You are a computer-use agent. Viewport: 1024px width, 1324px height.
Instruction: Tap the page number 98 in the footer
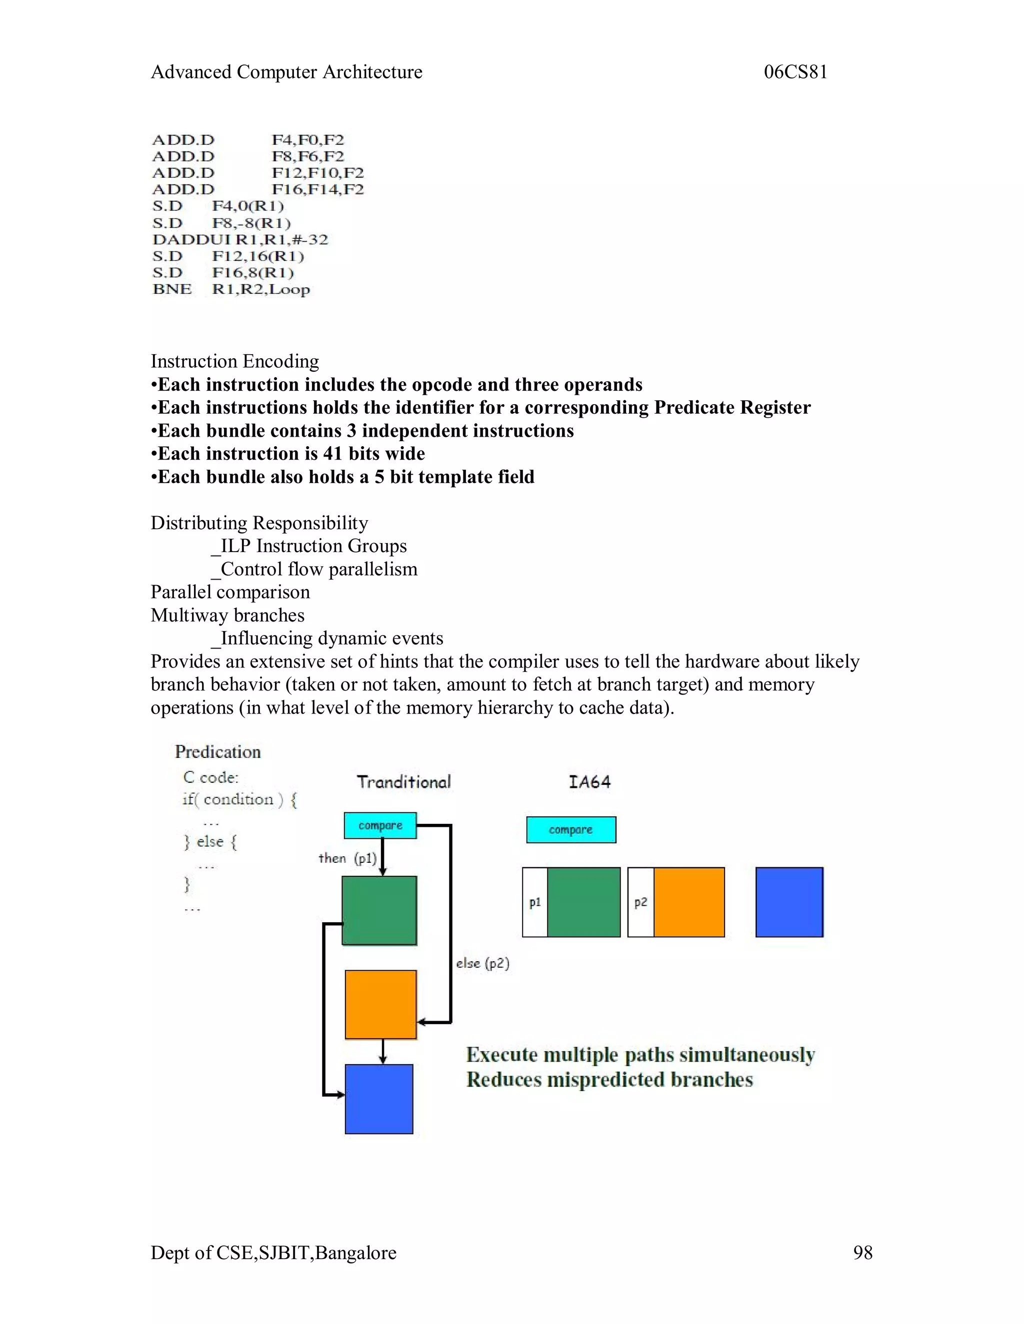pyautogui.click(x=862, y=1253)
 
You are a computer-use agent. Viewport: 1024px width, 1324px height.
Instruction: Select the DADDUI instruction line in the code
pyautogui.click(x=239, y=239)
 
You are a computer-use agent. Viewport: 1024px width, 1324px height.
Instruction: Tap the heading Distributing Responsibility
pyautogui.click(x=259, y=523)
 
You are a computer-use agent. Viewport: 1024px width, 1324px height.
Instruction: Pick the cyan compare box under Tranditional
pyautogui.click(x=380, y=826)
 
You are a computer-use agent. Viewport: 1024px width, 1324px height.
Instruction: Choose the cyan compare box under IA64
pyautogui.click(x=571, y=830)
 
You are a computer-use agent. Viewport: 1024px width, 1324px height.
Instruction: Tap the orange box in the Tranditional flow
pyautogui.click(x=381, y=1005)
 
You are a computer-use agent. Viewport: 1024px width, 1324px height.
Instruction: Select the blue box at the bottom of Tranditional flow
pyautogui.click(x=379, y=1099)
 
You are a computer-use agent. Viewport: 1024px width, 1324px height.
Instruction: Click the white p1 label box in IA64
pyautogui.click(x=534, y=902)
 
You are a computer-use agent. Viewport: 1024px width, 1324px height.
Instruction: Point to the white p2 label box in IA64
pyautogui.click(x=640, y=902)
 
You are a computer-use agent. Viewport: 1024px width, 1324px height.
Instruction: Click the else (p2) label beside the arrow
pyautogui.click(x=482, y=963)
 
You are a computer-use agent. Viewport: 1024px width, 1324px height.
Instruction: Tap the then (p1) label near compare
pyautogui.click(x=347, y=858)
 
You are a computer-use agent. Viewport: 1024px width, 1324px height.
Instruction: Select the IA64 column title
pyautogui.click(x=589, y=782)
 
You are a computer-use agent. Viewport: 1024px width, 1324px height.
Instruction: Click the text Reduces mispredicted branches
pyautogui.click(x=609, y=1080)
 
